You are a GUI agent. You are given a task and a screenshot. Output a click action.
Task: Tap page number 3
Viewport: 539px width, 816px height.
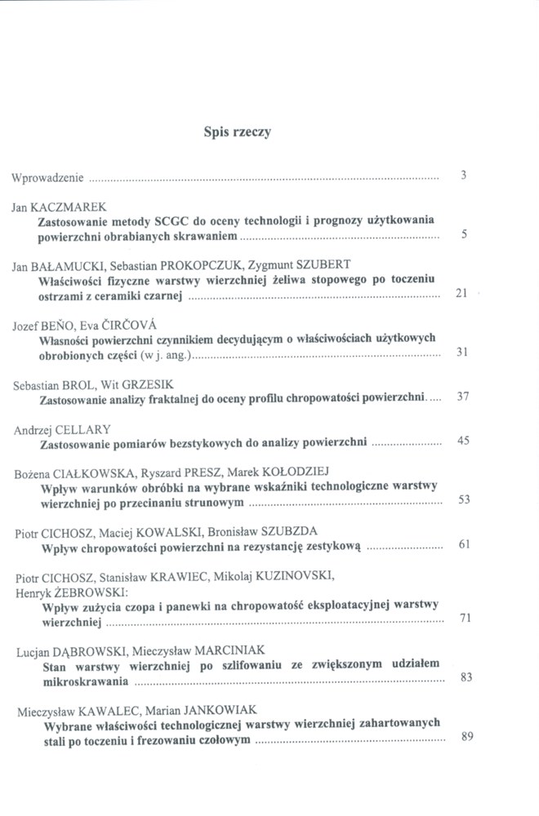point(463,175)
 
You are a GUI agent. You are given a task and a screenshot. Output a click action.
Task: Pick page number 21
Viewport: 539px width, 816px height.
point(460,294)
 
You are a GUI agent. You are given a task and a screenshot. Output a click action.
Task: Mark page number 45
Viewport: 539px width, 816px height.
point(463,441)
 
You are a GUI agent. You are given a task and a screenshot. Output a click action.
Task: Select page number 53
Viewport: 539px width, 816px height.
point(463,499)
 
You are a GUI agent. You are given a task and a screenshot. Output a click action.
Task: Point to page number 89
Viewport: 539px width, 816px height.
point(467,737)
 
